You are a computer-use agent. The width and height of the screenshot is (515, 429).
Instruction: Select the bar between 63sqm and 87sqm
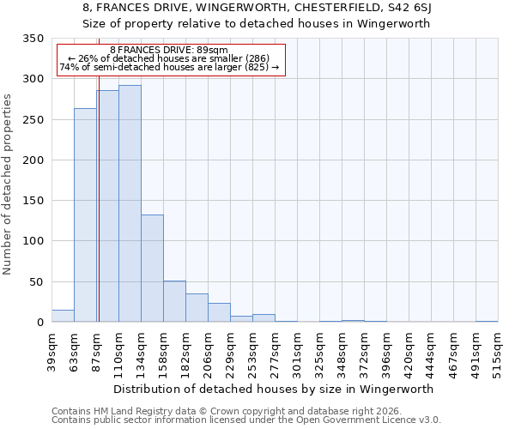tap(85, 215)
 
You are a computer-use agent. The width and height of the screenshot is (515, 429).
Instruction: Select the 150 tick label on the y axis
tap(33, 201)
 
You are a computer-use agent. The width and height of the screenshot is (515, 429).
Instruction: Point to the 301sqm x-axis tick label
tap(297, 353)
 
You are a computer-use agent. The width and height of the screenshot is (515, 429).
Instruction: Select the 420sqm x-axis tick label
tap(409, 353)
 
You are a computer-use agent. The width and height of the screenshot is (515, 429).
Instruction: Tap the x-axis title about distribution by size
tap(274, 389)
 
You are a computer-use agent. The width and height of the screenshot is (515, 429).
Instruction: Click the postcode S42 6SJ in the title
tap(411, 8)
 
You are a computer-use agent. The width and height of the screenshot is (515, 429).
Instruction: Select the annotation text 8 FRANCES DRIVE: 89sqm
tap(169, 51)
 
